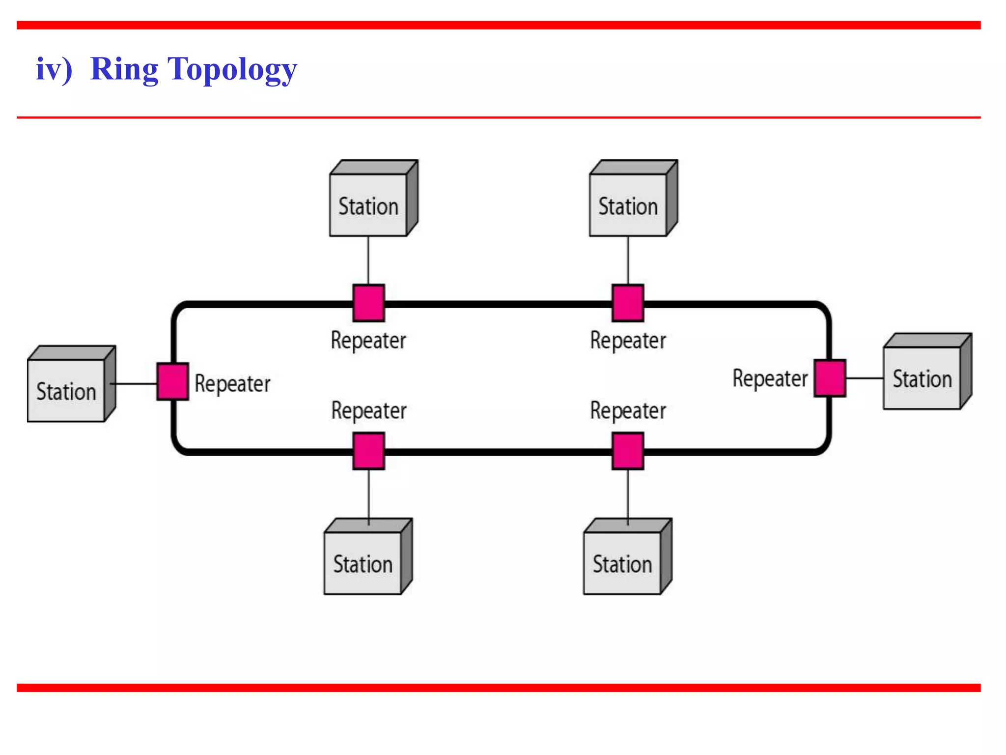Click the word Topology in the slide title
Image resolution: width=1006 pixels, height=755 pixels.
232,70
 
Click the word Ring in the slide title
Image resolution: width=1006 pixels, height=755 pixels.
125,70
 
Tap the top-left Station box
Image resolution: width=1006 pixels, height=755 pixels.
368,205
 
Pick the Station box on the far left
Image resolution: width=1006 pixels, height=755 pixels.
66,391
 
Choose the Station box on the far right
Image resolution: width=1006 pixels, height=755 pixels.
922,378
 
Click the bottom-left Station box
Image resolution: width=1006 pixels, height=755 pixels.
363,563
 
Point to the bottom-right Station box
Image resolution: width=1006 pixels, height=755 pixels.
622,563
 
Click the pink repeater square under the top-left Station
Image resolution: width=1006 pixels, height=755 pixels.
368,303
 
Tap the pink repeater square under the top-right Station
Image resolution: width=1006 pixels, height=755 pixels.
628,303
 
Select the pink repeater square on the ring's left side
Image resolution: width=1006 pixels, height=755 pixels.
172,381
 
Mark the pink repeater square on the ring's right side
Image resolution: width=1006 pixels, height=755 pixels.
830,378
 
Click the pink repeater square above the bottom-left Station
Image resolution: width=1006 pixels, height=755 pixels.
368,451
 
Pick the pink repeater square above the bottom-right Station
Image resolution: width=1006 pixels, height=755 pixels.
628,451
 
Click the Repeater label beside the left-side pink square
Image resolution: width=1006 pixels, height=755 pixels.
232,384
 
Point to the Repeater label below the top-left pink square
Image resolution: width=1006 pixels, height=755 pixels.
368,341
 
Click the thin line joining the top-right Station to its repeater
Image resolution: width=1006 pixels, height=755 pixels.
628,261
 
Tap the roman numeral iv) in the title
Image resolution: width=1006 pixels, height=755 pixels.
54,70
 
